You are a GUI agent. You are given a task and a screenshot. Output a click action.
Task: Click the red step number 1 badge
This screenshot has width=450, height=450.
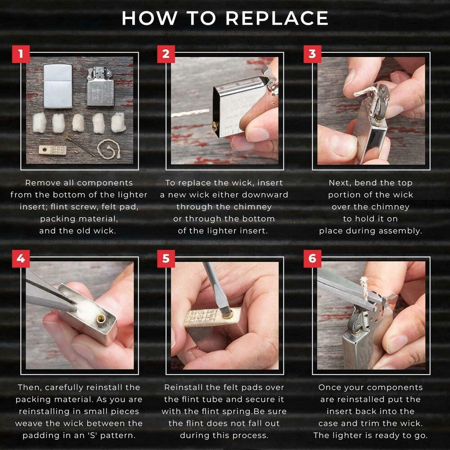tap(20, 54)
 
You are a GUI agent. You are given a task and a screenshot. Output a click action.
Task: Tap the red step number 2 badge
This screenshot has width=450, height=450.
tap(166, 54)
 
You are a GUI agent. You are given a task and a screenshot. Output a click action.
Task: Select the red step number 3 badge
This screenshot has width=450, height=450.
tap(312, 54)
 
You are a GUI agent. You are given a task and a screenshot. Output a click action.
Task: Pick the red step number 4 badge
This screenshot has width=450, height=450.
tap(20, 259)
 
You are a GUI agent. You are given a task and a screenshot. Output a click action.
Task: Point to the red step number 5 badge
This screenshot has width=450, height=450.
tap(166, 259)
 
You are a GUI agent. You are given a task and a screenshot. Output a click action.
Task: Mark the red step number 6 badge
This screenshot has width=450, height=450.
tap(312, 259)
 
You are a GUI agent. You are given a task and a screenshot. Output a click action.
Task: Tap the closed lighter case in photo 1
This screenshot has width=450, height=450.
tap(58, 85)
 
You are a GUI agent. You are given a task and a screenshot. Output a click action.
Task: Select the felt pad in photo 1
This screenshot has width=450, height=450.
tap(53, 148)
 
